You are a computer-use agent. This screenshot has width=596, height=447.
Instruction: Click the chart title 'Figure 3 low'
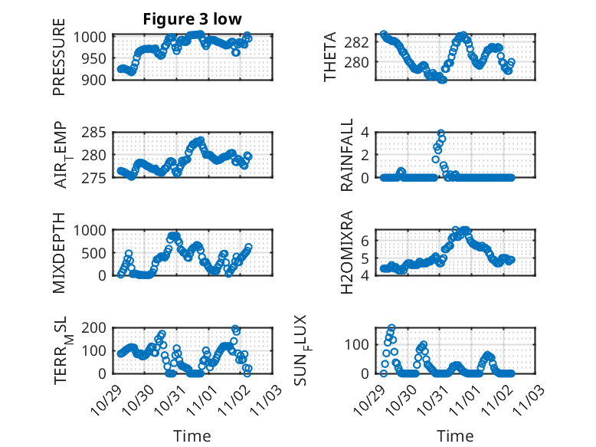pos(192,20)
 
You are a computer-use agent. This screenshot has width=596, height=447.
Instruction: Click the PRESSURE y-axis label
pos(59,63)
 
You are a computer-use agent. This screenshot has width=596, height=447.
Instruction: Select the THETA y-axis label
pos(330,57)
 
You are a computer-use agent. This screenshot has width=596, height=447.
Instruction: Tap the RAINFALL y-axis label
pos(347,155)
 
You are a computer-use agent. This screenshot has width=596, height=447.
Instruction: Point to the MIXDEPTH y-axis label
pos(59,252)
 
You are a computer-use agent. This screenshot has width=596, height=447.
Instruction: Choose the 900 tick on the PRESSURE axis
pos(94,79)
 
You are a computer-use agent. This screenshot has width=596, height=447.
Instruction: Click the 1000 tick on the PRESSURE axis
pos(91,36)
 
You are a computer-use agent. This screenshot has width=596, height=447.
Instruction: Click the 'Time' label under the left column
pos(192,435)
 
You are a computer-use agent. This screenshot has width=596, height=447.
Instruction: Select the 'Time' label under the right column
pos(455,435)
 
